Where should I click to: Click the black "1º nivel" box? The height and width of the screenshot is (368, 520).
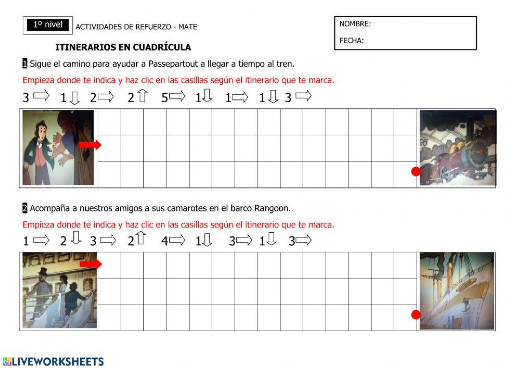48,24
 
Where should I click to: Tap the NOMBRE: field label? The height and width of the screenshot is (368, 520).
355,24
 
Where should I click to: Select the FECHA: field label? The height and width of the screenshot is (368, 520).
352,41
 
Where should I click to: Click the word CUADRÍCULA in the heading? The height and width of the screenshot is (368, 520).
162,47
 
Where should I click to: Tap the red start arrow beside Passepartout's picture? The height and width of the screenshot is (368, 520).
90,145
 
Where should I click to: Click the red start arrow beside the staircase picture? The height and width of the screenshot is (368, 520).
90,264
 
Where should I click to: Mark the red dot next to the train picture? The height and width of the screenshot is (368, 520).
415,171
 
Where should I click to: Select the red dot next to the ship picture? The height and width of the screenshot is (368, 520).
415,314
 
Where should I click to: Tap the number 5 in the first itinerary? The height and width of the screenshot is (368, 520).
164,97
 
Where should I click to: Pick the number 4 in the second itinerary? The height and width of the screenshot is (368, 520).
164,241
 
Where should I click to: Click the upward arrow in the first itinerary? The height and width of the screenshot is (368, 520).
142,96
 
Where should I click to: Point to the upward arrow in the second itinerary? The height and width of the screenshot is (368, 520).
140,239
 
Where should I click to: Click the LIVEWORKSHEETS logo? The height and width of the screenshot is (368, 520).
53,361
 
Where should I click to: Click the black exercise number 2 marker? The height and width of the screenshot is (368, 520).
24,208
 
